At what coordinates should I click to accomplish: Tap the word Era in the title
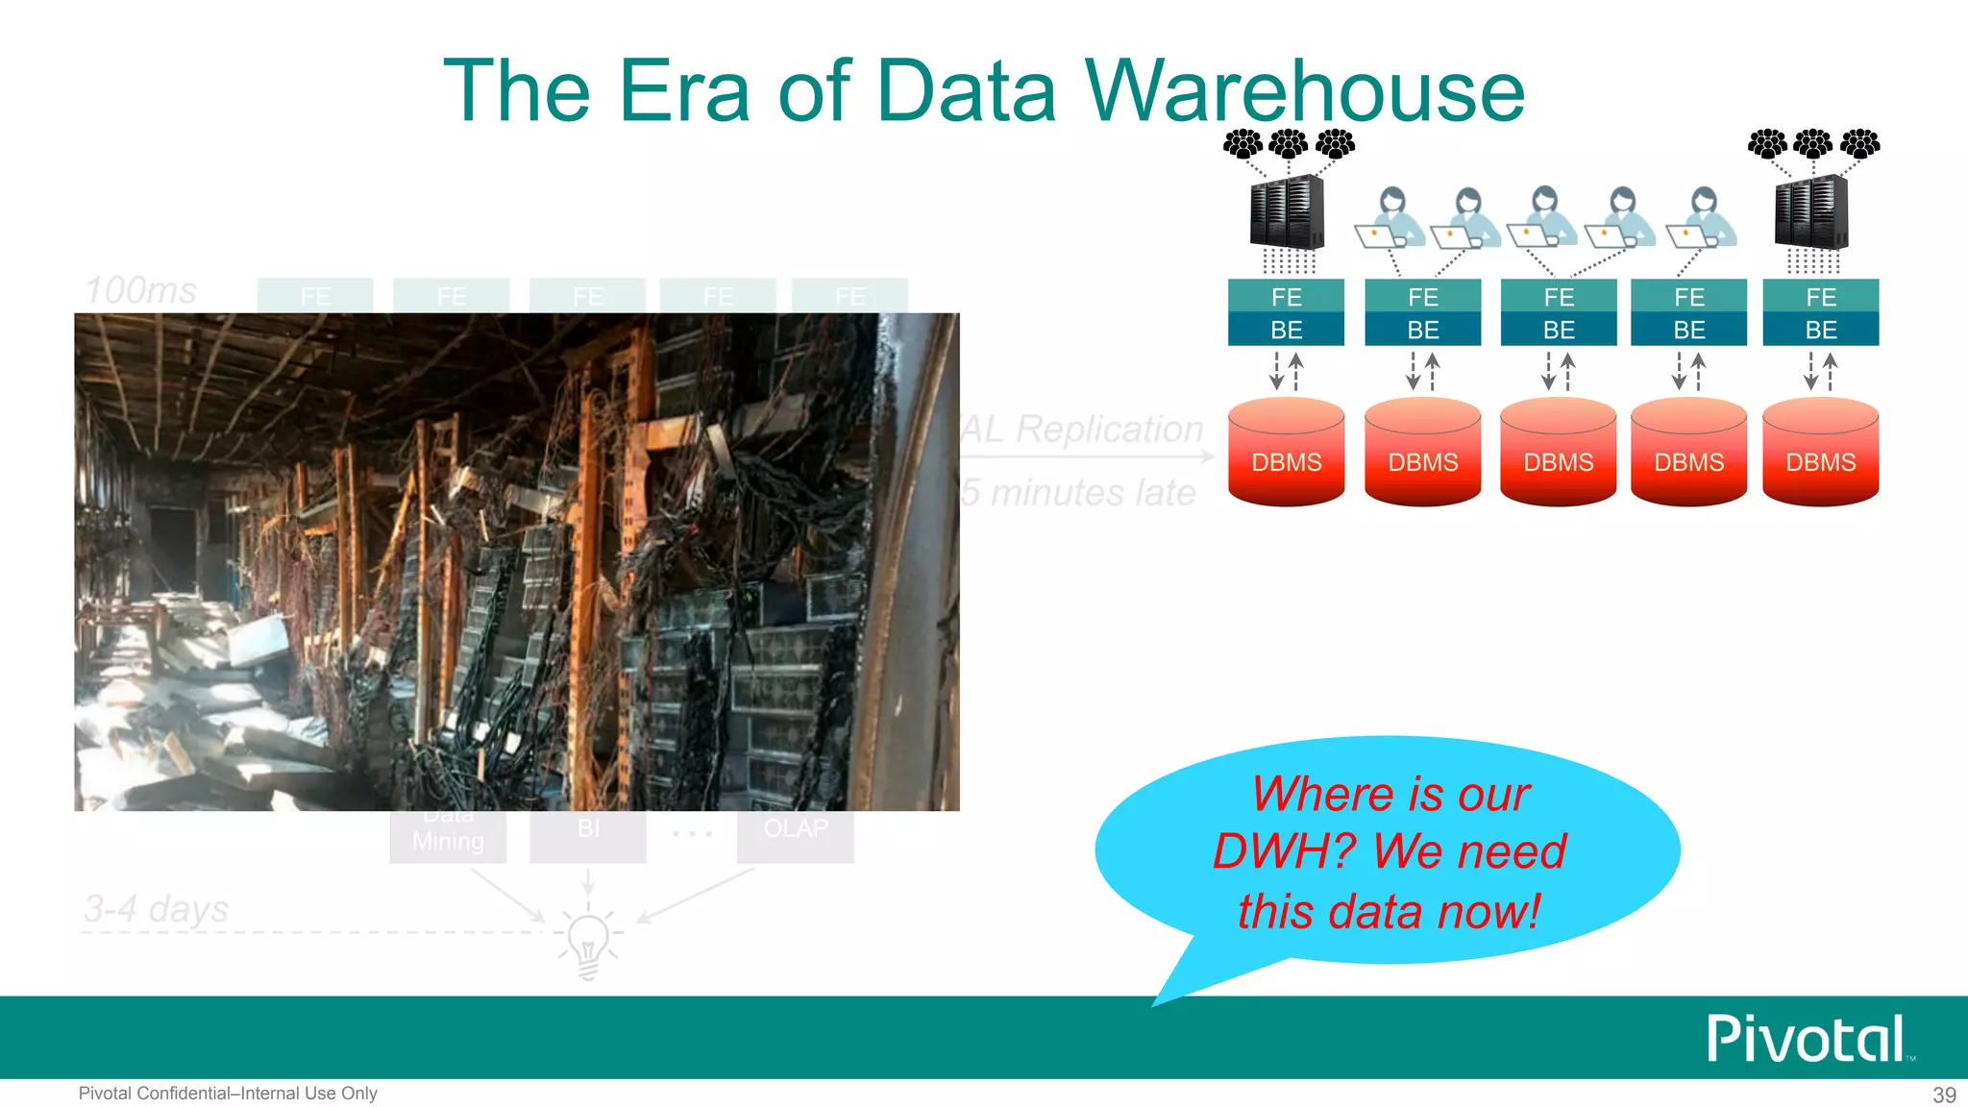click(683, 91)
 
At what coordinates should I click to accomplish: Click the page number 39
click(1944, 1095)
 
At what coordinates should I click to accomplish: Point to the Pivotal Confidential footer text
click(228, 1094)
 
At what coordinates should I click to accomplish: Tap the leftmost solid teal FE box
click(1286, 297)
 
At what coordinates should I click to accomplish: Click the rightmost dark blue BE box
click(1820, 330)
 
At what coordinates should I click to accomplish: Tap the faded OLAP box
click(795, 833)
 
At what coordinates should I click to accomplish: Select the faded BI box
click(588, 833)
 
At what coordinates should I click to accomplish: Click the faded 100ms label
click(141, 290)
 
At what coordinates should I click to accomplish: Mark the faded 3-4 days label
click(157, 908)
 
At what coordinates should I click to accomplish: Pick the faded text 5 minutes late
click(1078, 492)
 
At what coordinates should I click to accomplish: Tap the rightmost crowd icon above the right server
click(1859, 144)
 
